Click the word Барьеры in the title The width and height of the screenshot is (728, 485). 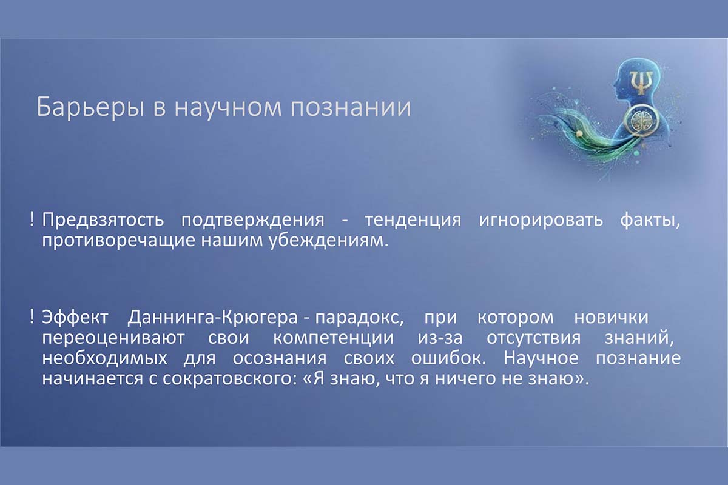point(90,107)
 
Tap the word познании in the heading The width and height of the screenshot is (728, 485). point(351,107)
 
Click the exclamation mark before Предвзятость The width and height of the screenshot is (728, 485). point(32,219)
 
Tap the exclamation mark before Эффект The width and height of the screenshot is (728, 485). point(32,316)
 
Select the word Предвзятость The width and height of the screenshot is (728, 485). point(103,220)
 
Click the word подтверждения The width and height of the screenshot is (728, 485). point(252,221)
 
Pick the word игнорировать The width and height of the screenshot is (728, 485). point(541,221)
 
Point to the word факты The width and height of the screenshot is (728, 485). point(650,221)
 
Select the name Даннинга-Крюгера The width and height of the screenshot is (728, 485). point(212,318)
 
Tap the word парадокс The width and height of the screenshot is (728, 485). point(359,318)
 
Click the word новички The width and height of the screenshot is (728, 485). point(612,318)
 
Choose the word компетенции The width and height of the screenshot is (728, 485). point(333,338)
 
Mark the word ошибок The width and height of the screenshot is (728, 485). point(448,358)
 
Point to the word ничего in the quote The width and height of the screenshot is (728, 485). point(466,379)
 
